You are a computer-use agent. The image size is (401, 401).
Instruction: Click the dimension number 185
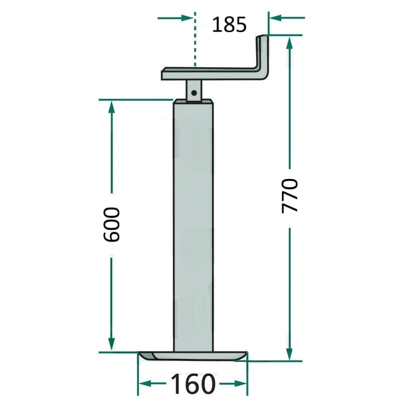coord(230,25)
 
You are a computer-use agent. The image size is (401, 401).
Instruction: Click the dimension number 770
coord(290,196)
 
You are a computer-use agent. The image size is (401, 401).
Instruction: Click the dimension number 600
coord(111,225)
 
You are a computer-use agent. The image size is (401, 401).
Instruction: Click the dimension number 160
coord(193,383)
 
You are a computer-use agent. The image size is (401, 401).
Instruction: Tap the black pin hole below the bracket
coord(194,93)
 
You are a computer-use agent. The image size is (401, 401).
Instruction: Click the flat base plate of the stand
coord(193,356)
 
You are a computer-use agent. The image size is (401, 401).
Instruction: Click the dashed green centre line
coord(195,39)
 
